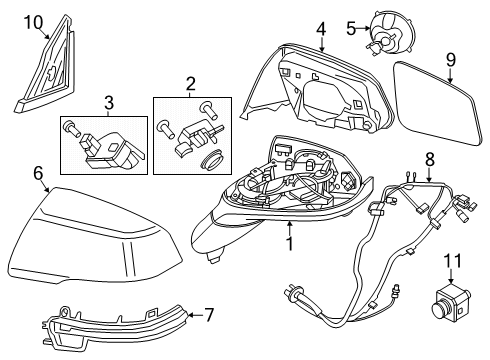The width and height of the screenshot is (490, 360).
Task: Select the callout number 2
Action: pyautogui.click(x=190, y=84)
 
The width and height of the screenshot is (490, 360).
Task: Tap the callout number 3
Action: pyautogui.click(x=110, y=101)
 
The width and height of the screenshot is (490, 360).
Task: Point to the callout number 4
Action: pyautogui.click(x=321, y=29)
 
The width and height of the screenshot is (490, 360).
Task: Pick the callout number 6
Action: pyautogui.click(x=38, y=173)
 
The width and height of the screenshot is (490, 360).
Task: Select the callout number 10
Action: pyautogui.click(x=33, y=21)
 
